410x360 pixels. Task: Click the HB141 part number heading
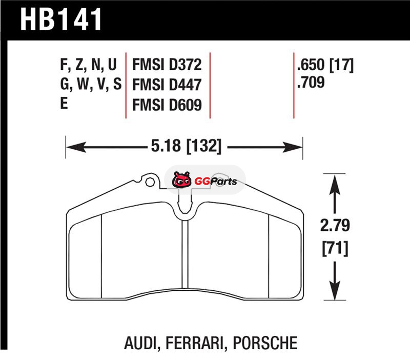click(x=61, y=19)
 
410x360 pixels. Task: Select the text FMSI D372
click(x=167, y=65)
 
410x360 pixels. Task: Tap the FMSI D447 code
click(x=167, y=85)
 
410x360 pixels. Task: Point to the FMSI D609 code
click(x=167, y=105)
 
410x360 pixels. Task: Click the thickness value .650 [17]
click(x=325, y=65)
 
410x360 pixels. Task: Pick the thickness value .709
click(x=311, y=82)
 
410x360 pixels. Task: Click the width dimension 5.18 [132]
click(x=186, y=146)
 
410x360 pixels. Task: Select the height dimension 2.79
click(x=335, y=225)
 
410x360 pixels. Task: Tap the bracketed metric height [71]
click(x=335, y=249)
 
